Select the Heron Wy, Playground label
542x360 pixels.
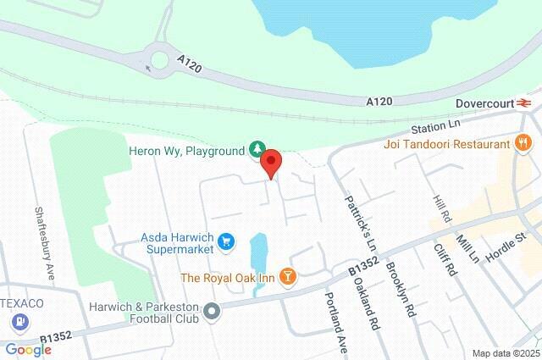pyautogui.click(x=186, y=151)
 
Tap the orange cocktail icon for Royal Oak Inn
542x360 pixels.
pyautogui.click(x=289, y=277)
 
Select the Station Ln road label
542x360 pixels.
pyautogui.click(x=434, y=126)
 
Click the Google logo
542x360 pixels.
pyautogui.click(x=28, y=350)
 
